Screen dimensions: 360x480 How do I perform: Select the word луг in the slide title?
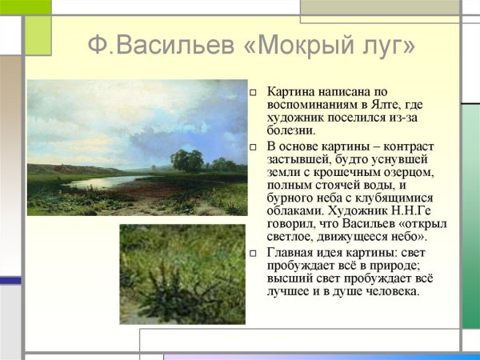click(x=388, y=46)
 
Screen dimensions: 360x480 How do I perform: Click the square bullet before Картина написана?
click(x=254, y=94)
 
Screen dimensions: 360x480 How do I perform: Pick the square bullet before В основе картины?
click(x=254, y=147)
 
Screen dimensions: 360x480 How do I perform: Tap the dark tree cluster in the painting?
click(x=187, y=160)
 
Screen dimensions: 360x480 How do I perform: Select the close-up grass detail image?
click(x=182, y=274)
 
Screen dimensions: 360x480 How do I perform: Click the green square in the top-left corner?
click(x=38, y=35)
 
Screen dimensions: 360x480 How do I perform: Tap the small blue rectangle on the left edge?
click(x=10, y=281)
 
